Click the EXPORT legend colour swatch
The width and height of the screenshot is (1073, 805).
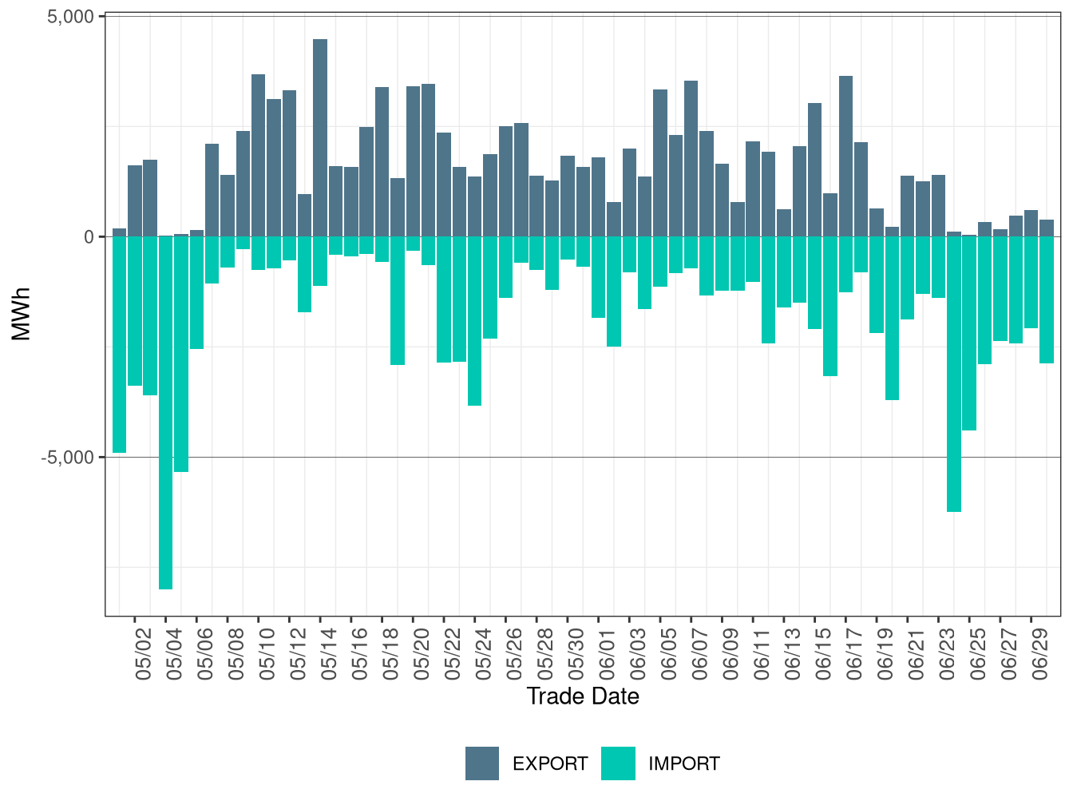(482, 763)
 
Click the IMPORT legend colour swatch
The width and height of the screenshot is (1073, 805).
(618, 763)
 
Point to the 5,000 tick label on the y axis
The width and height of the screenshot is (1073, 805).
(71, 17)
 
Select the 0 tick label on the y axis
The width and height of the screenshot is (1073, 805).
(89, 237)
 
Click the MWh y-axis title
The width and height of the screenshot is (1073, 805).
(22, 315)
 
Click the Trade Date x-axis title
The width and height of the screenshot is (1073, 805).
(583, 696)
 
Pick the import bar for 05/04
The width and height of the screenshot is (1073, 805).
(165, 412)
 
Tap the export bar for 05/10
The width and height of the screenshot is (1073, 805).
(259, 155)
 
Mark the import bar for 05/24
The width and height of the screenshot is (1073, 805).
(475, 321)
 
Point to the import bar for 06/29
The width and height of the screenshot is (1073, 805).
(1031, 282)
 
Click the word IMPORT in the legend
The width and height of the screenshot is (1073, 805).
(683, 764)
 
